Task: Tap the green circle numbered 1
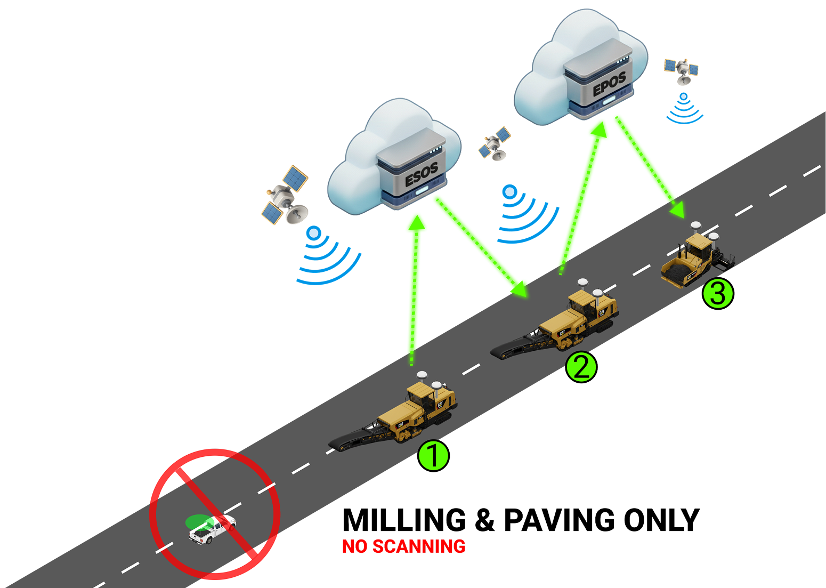point(433,455)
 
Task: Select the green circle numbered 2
point(581,367)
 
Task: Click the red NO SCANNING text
point(403,546)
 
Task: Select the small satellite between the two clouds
point(495,143)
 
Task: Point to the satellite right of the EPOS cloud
point(682,70)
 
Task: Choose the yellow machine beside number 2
point(581,317)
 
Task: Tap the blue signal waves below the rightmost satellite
point(684,110)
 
